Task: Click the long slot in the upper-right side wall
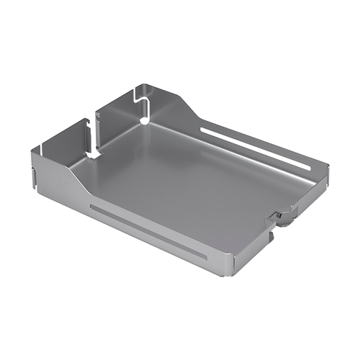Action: click(256, 148)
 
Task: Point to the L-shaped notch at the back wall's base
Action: click(93, 152)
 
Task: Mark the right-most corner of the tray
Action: click(328, 166)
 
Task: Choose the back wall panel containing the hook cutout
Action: click(122, 112)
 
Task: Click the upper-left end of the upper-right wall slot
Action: click(203, 130)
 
